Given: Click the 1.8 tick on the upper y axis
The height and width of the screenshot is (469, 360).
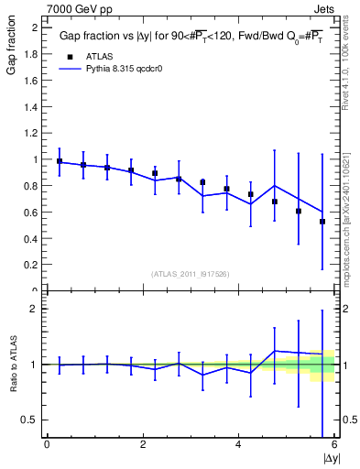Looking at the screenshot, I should click(34, 54).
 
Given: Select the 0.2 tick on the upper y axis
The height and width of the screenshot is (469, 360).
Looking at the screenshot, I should click(34, 265).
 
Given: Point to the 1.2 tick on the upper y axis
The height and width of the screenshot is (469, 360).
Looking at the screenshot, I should click(34, 133).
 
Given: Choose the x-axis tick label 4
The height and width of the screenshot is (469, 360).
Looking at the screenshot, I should click(238, 445).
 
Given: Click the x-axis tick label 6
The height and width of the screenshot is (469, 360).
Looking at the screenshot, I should click(333, 445).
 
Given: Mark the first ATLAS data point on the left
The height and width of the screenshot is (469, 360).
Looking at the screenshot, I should click(60, 161).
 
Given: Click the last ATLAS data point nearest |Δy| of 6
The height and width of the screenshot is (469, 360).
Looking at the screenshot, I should click(322, 222).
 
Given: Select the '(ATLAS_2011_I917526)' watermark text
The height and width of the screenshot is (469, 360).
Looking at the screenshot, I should click(191, 274).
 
